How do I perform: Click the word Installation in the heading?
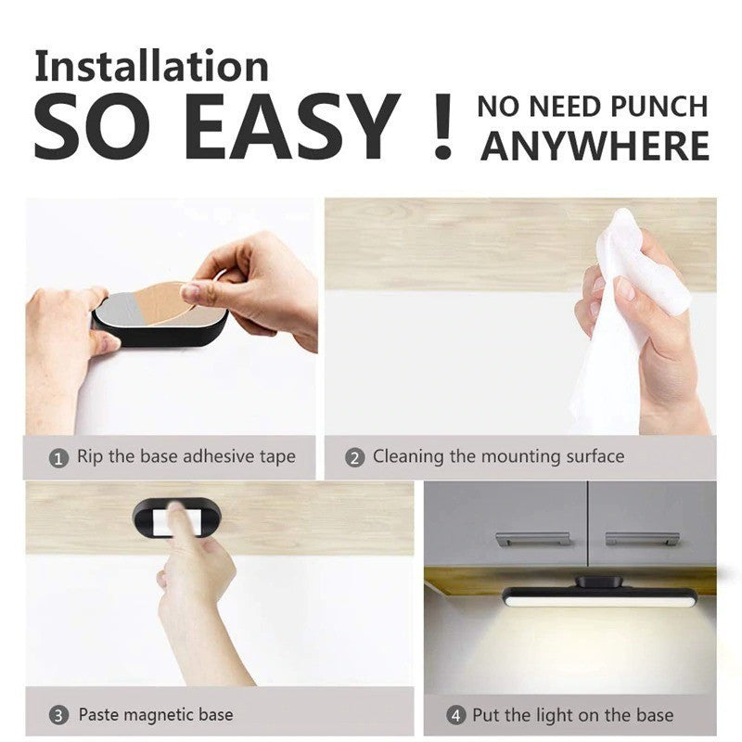[151, 66]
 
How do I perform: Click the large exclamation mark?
[443, 126]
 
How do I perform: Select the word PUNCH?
[659, 107]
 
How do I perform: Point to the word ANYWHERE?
[595, 147]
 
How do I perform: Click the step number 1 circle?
[58, 458]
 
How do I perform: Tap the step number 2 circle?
[355, 457]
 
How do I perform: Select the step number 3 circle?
[58, 715]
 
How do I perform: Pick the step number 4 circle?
[456, 715]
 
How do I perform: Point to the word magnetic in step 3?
[156, 715]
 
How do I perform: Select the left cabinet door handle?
[532, 539]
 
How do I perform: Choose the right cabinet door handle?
[642, 539]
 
